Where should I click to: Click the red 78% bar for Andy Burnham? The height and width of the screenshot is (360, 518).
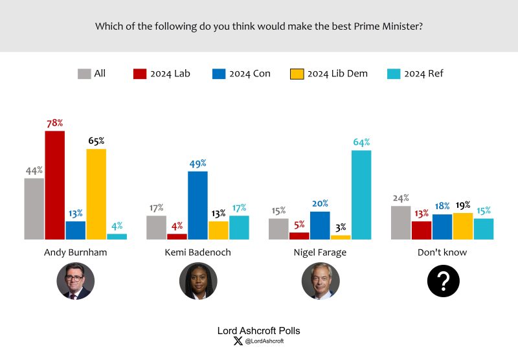click(x=55, y=185)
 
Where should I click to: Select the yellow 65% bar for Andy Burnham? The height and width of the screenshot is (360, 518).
click(x=96, y=194)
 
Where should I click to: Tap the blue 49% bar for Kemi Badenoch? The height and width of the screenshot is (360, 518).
click(x=197, y=205)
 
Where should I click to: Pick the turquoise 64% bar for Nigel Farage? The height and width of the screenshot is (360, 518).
click(x=361, y=194)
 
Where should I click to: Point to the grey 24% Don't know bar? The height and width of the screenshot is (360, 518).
click(x=401, y=223)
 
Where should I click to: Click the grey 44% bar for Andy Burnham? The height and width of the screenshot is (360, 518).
click(x=34, y=208)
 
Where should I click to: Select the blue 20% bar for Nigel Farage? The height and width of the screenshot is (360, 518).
click(x=320, y=225)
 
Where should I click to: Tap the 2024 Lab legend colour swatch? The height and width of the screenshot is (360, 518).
click(x=140, y=74)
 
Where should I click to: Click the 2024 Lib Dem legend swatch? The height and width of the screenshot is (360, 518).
click(x=297, y=74)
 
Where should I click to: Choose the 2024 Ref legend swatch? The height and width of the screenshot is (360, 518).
click(x=394, y=74)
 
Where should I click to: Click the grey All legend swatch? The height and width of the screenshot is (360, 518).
click(x=84, y=74)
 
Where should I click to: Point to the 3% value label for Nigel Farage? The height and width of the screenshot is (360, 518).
click(x=341, y=227)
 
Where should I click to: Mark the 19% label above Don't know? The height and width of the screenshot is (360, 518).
click(x=463, y=205)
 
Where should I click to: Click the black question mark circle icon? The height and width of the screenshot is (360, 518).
click(x=443, y=281)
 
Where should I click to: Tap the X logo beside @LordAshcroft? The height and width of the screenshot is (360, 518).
click(x=238, y=341)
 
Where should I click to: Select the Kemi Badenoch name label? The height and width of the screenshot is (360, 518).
click(x=198, y=253)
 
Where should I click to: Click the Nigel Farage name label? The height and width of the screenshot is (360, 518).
click(x=320, y=253)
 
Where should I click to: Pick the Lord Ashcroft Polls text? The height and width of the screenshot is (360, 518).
click(x=258, y=331)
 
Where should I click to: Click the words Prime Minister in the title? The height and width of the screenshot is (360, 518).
click(x=388, y=27)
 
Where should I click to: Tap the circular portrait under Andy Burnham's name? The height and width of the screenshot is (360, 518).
click(x=76, y=281)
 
